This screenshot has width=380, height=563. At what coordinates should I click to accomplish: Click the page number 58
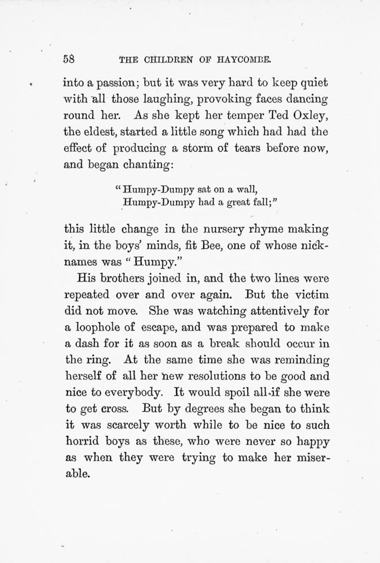coord(70,59)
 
